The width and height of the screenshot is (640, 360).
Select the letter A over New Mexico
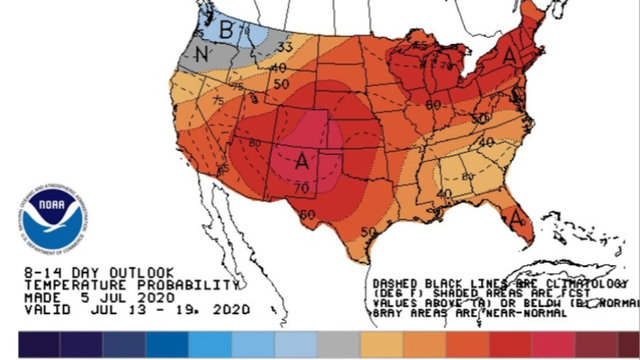click(x=303, y=157)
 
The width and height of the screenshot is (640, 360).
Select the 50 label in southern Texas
click(x=369, y=232)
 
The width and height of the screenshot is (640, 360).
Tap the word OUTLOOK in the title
click(x=139, y=271)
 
